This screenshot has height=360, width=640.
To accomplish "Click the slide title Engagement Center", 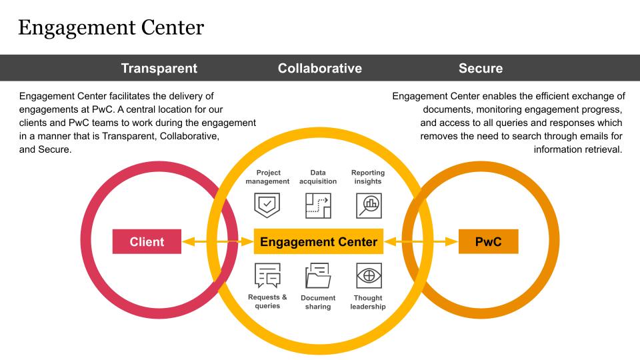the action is point(111,28).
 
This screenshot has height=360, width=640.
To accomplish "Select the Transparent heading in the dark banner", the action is point(159,68).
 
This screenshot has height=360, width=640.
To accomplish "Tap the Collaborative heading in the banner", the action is point(320,68).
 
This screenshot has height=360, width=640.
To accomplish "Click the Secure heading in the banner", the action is point(481,68).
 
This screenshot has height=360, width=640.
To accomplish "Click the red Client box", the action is point(147,241).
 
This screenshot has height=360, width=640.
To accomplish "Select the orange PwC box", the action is point(489,241).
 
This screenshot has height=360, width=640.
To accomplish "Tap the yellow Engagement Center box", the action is point(319,241).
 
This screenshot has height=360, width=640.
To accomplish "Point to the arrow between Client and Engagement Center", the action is point(217,242).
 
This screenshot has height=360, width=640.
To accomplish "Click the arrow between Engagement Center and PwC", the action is point(421,242).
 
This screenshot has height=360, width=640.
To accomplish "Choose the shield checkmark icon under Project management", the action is point(267,205).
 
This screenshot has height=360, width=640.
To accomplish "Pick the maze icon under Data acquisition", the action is point(318,206).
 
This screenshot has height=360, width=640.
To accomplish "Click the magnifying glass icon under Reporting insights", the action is point(369,206).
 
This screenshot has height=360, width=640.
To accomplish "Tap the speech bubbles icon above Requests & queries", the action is point(267,275).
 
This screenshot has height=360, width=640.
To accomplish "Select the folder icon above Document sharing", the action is point(318,275).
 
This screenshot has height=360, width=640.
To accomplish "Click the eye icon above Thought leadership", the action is point(369,275).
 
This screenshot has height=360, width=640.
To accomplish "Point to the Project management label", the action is point(268,177).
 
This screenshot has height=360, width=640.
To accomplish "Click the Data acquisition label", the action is point(318,177).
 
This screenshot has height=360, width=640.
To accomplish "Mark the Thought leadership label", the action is point(368,302).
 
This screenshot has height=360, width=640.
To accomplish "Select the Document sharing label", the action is point(318,302).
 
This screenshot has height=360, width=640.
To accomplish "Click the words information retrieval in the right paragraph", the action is point(578,149).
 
